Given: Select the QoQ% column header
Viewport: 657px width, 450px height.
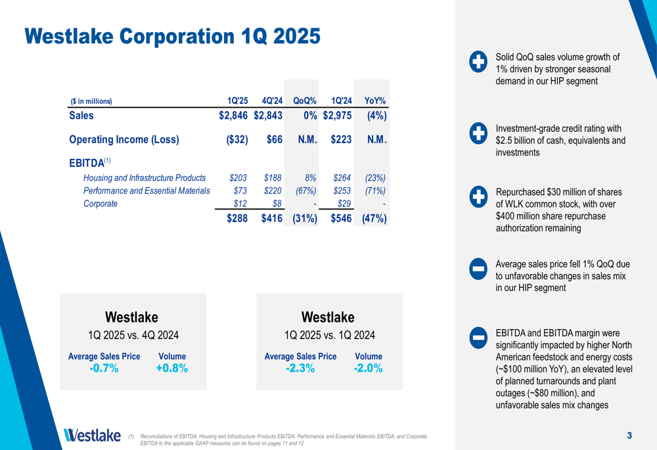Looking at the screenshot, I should click(305, 101).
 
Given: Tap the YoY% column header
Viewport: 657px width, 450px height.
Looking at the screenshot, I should click(374, 101).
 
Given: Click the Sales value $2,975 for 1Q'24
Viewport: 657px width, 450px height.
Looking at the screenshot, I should click(338, 116).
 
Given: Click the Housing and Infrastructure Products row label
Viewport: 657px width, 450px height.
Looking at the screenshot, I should click(145, 177).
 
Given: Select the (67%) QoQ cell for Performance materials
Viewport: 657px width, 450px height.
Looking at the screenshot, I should click(306, 191).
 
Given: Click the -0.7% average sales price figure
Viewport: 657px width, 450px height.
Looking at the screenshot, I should click(104, 369).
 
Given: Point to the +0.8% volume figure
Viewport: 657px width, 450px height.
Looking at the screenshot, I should click(172, 369).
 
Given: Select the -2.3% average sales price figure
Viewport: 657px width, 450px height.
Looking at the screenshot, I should click(300, 369).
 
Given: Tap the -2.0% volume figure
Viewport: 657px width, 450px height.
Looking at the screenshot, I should click(368, 369).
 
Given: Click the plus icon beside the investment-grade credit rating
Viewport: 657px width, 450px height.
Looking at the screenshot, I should click(478, 133).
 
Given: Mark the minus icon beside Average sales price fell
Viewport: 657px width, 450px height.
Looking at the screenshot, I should click(478, 269).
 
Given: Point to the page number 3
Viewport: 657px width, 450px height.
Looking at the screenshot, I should click(629, 435).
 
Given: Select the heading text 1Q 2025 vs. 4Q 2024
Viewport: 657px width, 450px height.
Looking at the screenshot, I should click(133, 335).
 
